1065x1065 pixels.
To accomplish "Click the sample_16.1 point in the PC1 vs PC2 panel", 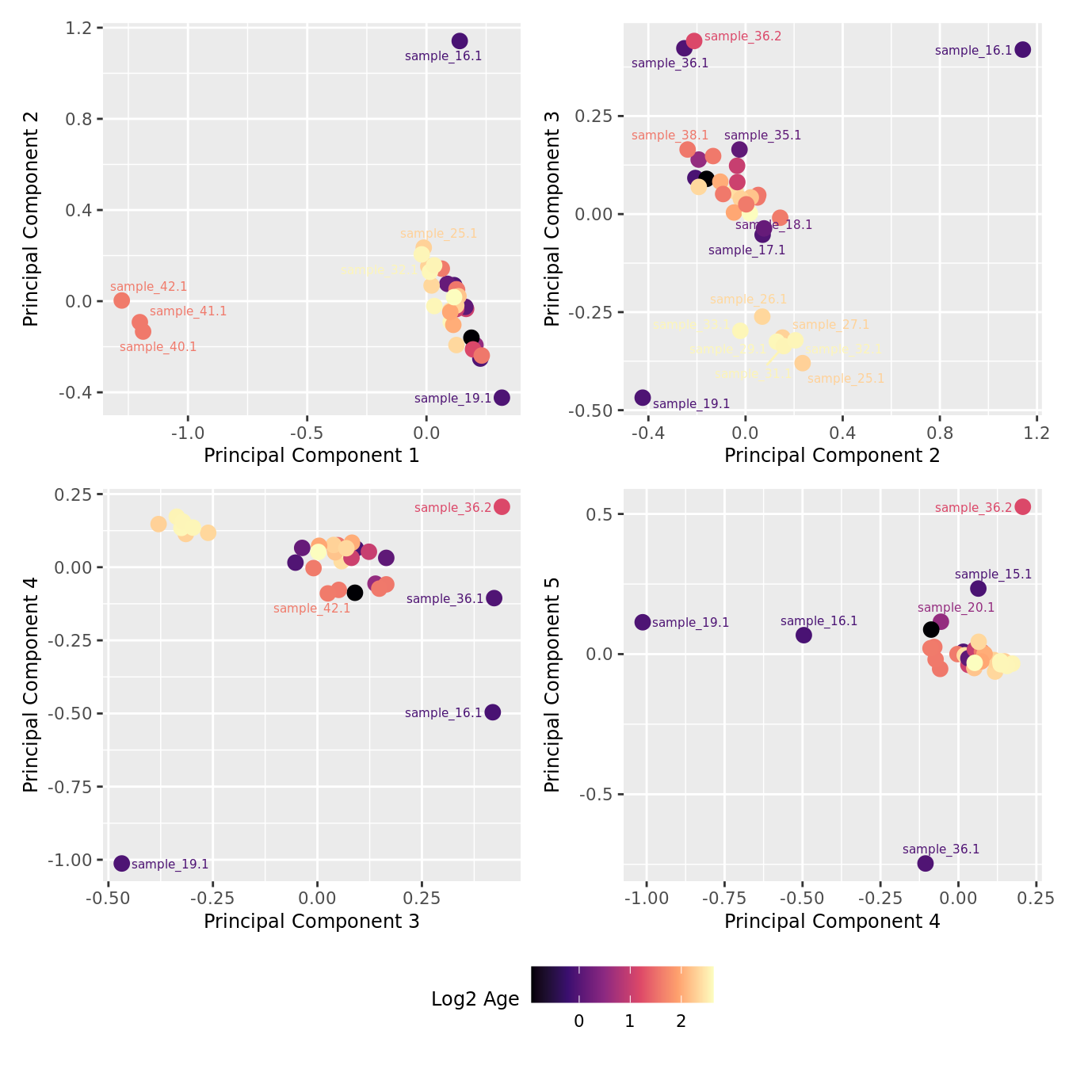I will pos(460,41).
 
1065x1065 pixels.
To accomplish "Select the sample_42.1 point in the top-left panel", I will pos(121,300).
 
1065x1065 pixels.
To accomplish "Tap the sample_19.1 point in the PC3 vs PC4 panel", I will pos(121,863).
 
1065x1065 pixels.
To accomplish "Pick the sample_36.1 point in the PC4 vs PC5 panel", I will pos(926,863).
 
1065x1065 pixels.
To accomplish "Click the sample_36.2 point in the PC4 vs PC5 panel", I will pos(1023,507).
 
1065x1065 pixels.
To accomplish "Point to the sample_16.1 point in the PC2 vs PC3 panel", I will pos(1023,50).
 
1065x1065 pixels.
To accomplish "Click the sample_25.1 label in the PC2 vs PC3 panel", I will pos(846,379).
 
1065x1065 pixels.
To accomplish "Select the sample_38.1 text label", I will pos(670,136).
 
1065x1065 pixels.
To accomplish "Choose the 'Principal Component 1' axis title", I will pos(311,456).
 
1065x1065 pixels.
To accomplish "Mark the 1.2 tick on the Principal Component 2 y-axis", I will pos(82,29).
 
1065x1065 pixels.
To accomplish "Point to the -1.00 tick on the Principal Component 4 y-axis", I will pos(71,861).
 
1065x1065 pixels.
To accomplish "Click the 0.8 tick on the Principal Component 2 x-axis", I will pos(939,433).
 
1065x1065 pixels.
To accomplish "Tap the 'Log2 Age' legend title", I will pos(475,999).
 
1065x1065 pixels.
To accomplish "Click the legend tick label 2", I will pos(681,1021).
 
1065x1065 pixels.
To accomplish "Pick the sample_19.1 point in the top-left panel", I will pos(502,398).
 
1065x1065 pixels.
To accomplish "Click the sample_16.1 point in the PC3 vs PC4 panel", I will pos(492,712).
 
